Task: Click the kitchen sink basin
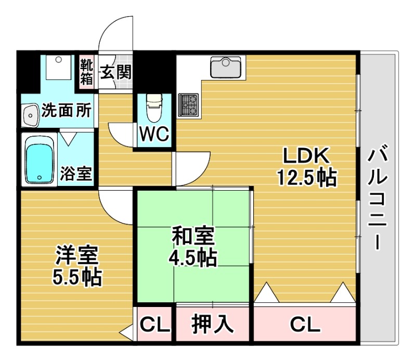click(226, 67)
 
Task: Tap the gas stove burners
click(188, 105)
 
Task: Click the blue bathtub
click(40, 159)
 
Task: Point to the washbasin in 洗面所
click(31, 115)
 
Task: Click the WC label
click(154, 134)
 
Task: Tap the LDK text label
click(306, 156)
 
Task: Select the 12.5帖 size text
click(307, 177)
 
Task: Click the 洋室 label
click(77, 255)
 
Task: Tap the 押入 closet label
click(213, 324)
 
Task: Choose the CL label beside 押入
click(154, 324)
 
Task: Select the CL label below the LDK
click(305, 324)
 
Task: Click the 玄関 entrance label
click(115, 72)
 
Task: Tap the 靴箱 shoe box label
click(86, 72)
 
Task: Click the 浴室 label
click(76, 174)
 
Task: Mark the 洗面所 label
click(67, 110)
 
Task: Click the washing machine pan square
click(59, 67)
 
